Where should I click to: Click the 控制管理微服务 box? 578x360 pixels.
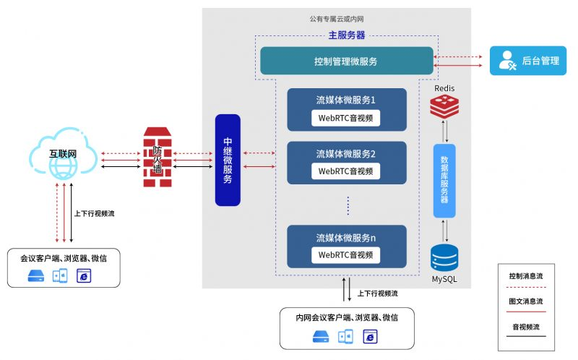coord(347,61)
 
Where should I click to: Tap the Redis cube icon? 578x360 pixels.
coord(444,106)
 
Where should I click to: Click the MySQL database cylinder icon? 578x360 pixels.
coord(444,259)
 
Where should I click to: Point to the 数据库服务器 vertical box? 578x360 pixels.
coord(444,181)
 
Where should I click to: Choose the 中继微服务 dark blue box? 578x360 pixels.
coord(227,159)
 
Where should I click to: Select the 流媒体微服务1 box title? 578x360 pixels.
coord(346,99)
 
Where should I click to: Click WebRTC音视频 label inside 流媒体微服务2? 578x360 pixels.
coord(346,171)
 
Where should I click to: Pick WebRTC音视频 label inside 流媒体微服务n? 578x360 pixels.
coord(346,254)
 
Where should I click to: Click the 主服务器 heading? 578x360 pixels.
coord(347,35)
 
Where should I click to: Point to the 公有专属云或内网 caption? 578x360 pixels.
coord(337,20)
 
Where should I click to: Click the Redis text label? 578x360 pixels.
coord(444,88)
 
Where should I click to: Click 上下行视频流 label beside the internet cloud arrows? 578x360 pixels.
coord(95,213)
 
